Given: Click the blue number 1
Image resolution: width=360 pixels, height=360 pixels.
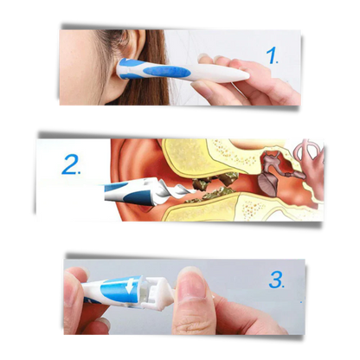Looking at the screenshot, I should click(x=273, y=57).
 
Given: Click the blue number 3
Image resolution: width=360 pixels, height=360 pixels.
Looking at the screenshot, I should click(x=276, y=280).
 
